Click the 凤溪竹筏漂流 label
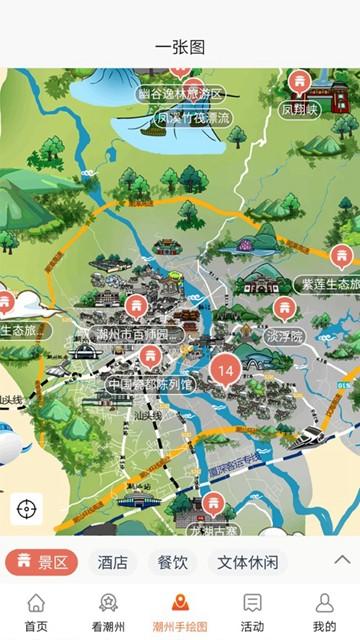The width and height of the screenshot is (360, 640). pos(193,118)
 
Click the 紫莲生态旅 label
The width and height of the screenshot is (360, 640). pos(326,284)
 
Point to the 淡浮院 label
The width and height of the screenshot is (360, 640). pos(284,336)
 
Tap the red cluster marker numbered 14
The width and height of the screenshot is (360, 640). pos(225,370)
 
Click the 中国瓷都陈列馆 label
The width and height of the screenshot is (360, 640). pos(151,384)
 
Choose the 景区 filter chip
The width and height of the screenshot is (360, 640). pos(41,562)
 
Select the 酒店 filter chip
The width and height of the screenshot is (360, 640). pos(112,562)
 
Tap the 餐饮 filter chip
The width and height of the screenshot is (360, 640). pos(172,562)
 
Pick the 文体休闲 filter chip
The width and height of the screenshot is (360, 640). pos(247,562)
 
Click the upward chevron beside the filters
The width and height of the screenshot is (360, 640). pos(342,560)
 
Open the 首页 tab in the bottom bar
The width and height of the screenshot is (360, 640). pos(36,612)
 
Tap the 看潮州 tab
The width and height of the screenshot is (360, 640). pos(108,612)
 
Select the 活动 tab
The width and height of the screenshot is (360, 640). pos(252,612)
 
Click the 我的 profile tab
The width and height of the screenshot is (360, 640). pos(324,612)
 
